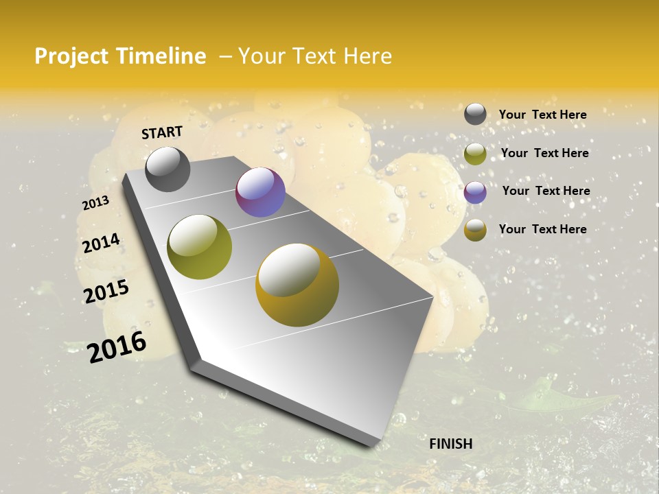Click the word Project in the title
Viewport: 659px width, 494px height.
(73, 56)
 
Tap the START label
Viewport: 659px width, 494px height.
(162, 132)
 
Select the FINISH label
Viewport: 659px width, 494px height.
(451, 444)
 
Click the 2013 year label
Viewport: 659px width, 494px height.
(95, 202)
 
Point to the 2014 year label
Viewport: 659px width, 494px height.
(102, 243)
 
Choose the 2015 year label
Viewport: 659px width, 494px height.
(106, 291)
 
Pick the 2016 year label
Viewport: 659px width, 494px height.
(117, 346)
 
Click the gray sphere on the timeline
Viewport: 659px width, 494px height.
(167, 169)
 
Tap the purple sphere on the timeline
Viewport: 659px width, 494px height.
(260, 192)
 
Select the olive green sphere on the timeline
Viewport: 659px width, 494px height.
(200, 247)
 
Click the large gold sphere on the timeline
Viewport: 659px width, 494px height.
(297, 285)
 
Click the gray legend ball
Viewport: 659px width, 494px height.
(475, 115)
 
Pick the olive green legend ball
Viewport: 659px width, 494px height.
(475, 154)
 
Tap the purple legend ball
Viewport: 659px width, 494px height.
(475, 192)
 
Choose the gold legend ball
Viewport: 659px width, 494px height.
(475, 231)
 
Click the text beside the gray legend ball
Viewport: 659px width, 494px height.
(542, 115)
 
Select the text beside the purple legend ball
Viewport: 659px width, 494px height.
(546, 191)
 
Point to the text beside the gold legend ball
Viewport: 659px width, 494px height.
(542, 229)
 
